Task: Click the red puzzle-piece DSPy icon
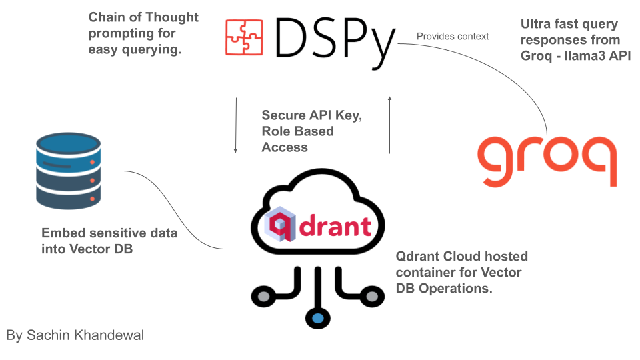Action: [x=245, y=37]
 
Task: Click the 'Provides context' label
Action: [x=453, y=36]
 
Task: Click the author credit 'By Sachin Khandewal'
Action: [x=75, y=335]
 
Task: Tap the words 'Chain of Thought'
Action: [x=143, y=17]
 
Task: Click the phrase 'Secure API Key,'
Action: [x=311, y=115]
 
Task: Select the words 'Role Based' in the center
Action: [x=297, y=131]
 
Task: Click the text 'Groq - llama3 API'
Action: [x=575, y=56]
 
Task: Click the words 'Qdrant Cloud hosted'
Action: [x=461, y=256]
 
